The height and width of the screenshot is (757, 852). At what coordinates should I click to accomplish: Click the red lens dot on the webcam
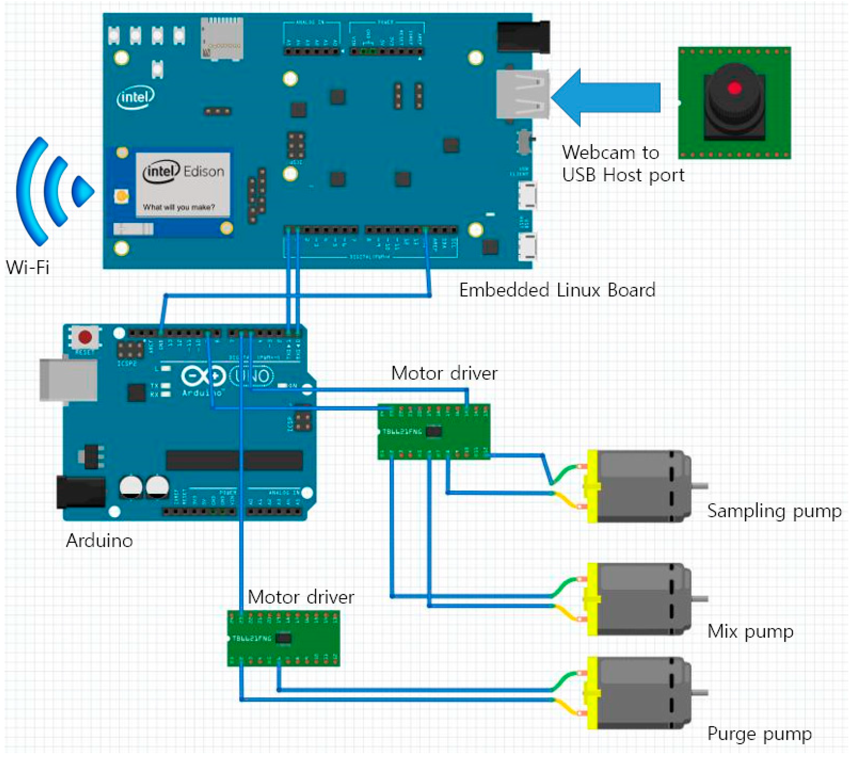(x=734, y=88)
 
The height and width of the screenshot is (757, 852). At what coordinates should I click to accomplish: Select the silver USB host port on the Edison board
(x=522, y=94)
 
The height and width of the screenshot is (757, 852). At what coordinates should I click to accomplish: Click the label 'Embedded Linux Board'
(x=557, y=290)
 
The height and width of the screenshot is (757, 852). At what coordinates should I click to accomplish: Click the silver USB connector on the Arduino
(x=68, y=380)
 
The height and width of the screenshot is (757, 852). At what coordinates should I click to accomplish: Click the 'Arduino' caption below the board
(x=99, y=540)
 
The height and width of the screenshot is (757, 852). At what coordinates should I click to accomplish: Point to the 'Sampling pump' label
(x=774, y=511)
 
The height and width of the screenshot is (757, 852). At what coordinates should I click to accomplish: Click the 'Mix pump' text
(x=750, y=631)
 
